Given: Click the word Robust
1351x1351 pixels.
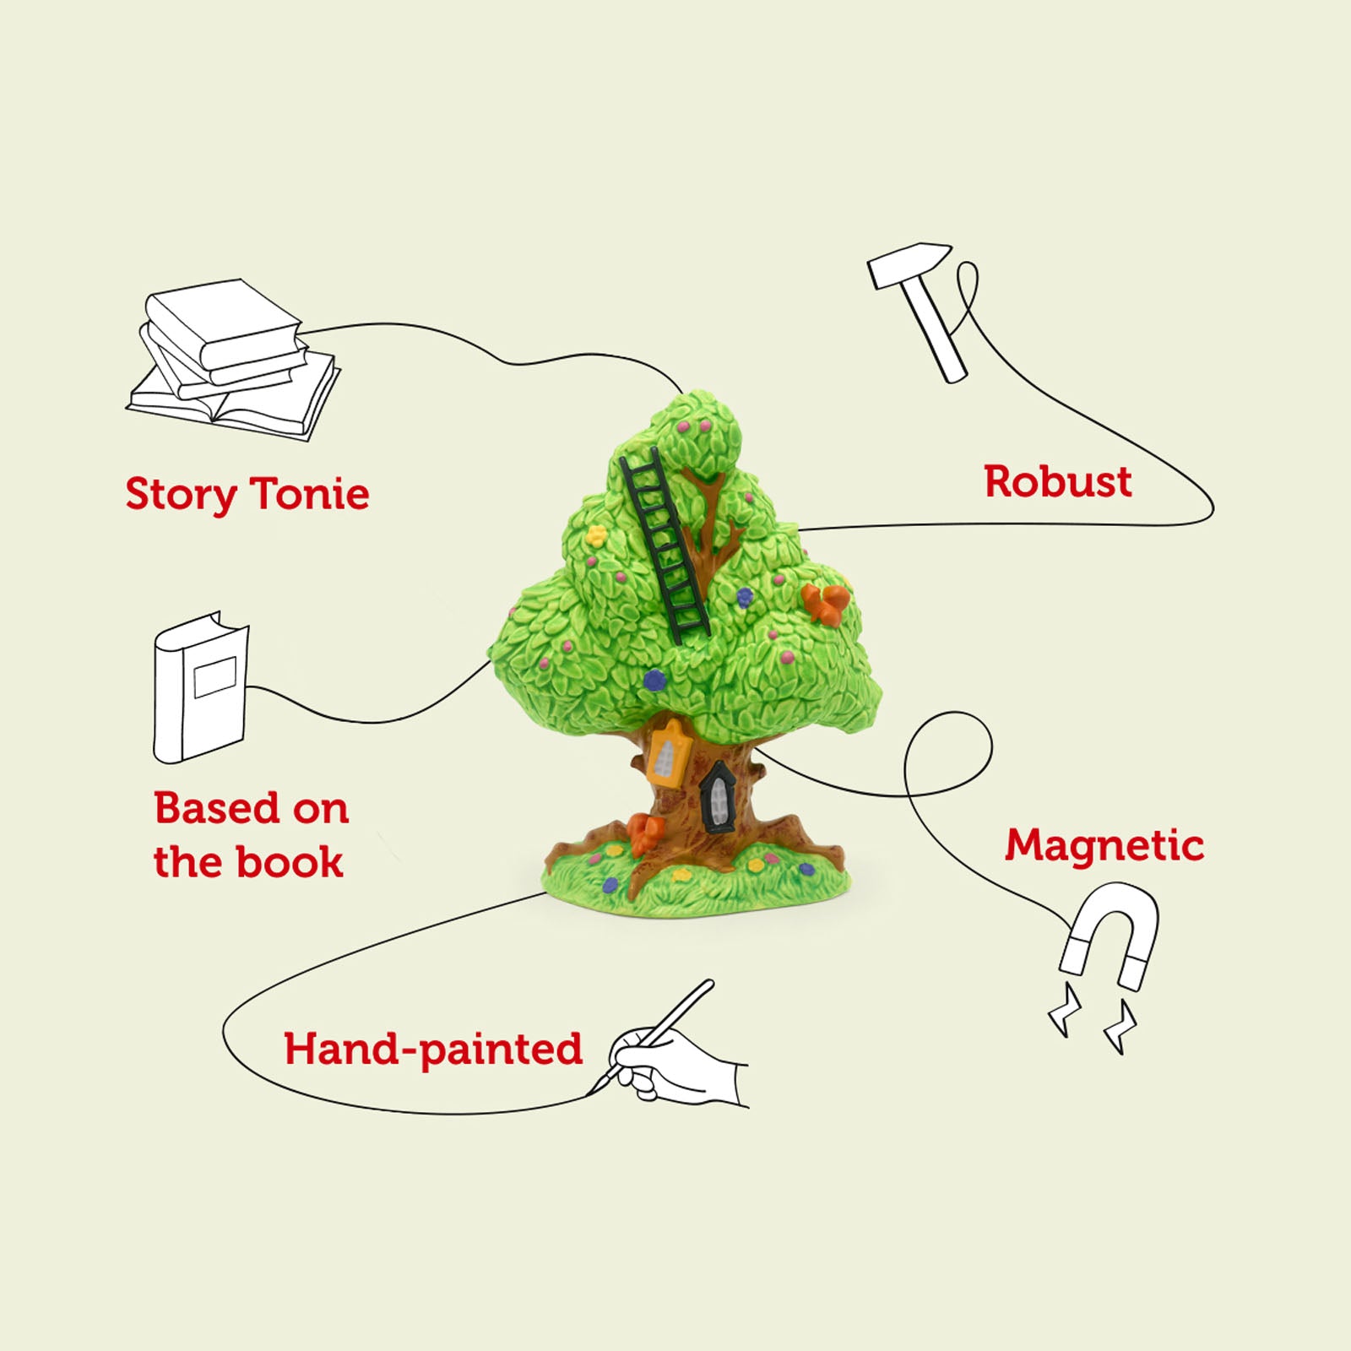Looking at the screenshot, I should (1057, 482).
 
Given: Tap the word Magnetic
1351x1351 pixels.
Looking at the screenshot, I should (1104, 845).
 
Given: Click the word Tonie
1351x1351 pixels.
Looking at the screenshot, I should (311, 494).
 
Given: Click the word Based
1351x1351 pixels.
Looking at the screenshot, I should (216, 808).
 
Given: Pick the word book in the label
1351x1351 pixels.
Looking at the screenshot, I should (290, 863).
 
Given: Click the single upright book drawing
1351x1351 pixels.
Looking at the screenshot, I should (201, 688).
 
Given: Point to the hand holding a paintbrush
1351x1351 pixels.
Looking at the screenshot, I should (675, 1066).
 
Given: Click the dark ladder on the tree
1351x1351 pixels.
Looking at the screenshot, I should (665, 545).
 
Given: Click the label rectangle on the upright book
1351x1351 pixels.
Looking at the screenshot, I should (215, 676).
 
